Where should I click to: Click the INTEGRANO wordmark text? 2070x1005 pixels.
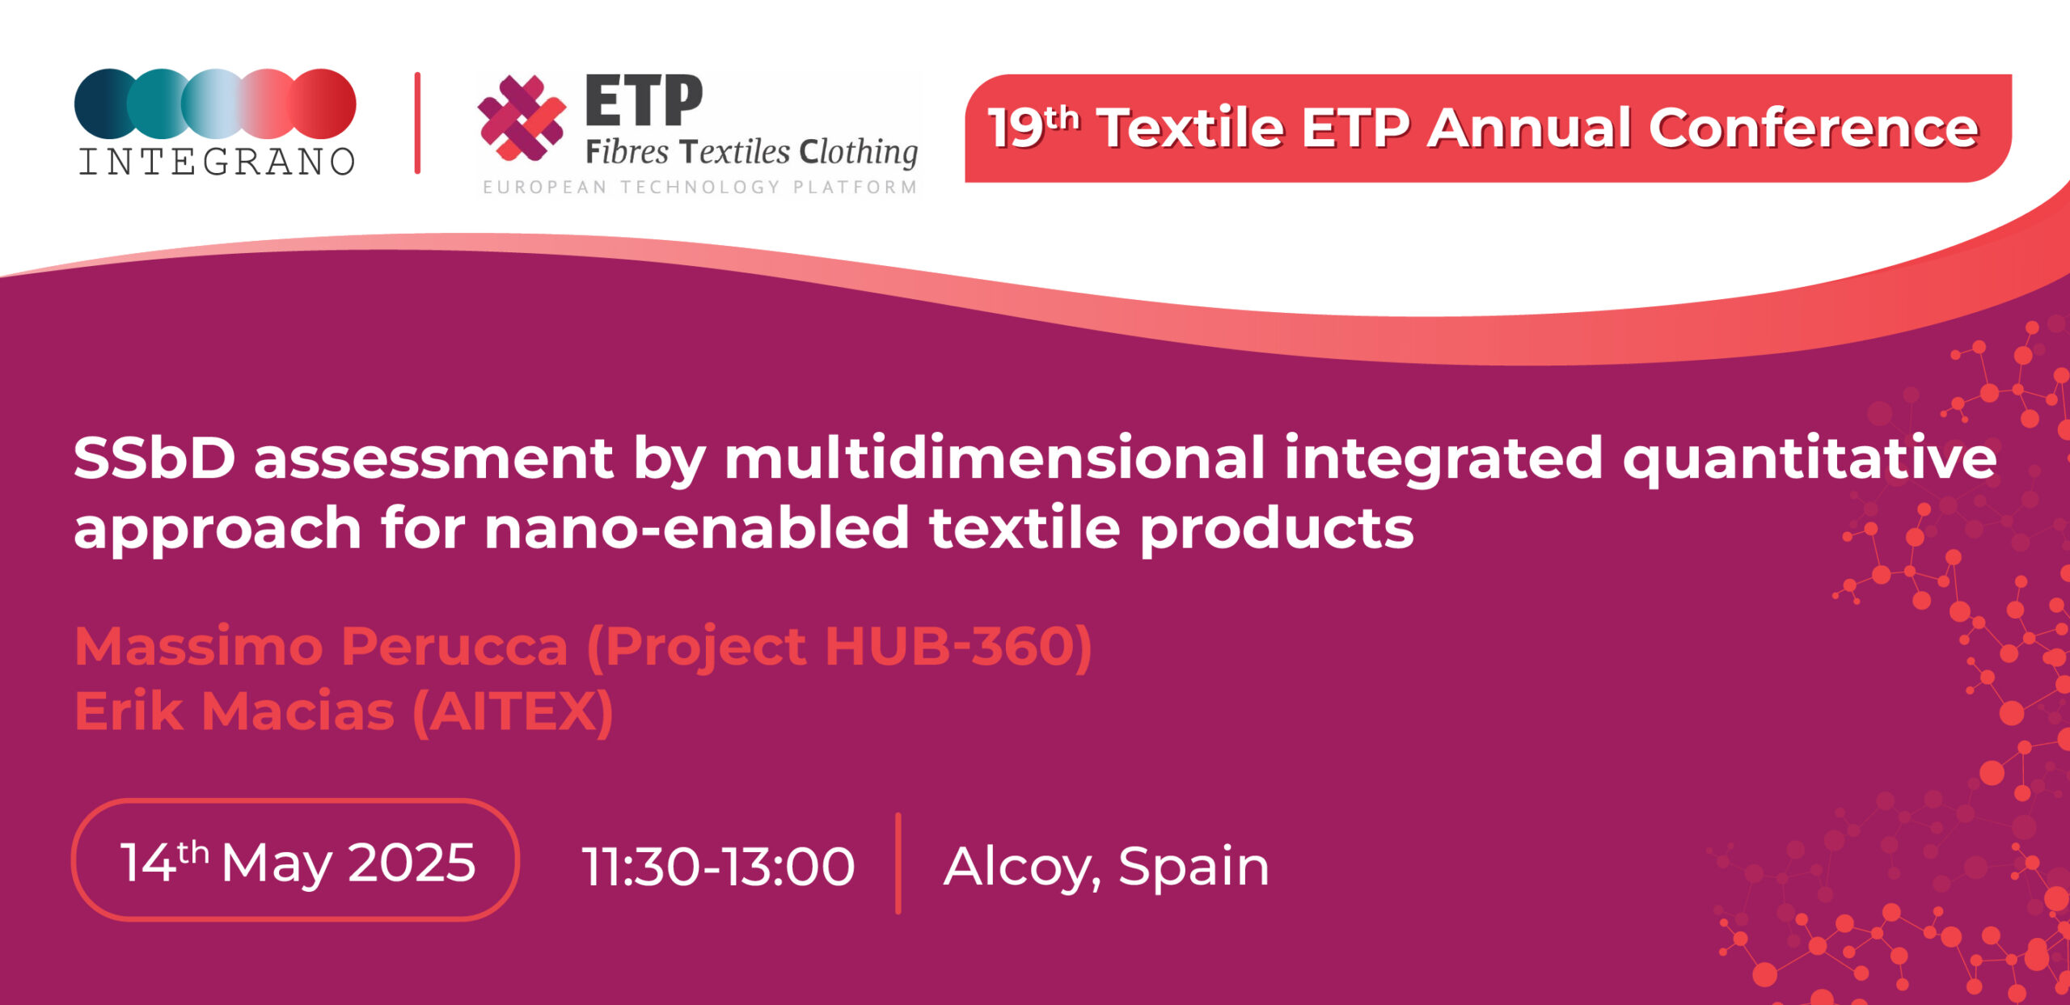[x=217, y=162]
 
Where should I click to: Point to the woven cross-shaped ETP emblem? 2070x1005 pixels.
[x=522, y=117]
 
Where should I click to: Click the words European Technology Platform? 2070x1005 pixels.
[x=700, y=188]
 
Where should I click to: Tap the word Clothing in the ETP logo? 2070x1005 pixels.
[x=859, y=153]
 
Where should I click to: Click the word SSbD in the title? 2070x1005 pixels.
[x=154, y=458]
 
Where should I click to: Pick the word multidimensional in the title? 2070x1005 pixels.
[x=994, y=458]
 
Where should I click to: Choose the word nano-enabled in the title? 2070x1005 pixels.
[x=696, y=528]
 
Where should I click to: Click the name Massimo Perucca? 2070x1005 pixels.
[x=321, y=647]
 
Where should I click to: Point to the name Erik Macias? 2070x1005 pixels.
[x=234, y=712]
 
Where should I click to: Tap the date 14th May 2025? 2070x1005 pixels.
[x=298, y=861]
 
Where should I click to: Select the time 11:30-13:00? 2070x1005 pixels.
[x=718, y=867]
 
